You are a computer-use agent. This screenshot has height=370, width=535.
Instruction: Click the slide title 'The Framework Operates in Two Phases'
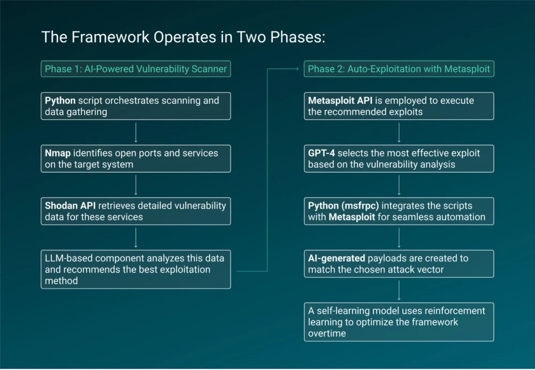pyautogui.click(x=183, y=37)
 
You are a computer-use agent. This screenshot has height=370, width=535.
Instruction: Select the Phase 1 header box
pyautogui.click(x=136, y=69)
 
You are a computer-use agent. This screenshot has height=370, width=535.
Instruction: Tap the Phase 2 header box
pyautogui.click(x=399, y=69)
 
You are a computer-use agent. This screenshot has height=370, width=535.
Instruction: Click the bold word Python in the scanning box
pyautogui.click(x=60, y=101)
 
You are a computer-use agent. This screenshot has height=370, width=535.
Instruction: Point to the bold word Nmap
pyautogui.click(x=58, y=153)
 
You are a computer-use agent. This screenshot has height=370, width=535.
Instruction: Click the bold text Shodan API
pyautogui.click(x=70, y=206)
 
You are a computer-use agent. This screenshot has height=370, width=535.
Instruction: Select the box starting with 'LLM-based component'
pyautogui.click(x=136, y=269)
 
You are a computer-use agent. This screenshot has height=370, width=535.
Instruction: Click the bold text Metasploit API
pyautogui.click(x=340, y=101)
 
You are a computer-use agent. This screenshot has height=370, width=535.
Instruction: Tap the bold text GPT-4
pyautogui.click(x=322, y=153)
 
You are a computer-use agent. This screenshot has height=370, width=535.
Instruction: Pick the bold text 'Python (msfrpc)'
pyautogui.click(x=343, y=206)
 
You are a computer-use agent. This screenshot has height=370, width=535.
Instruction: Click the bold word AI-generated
pyautogui.click(x=337, y=258)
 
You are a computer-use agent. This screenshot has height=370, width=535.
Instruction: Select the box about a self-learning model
pyautogui.click(x=399, y=322)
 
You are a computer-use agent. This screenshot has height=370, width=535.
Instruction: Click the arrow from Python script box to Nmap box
pyautogui.click(x=136, y=132)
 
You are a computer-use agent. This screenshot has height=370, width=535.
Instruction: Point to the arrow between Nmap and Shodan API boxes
pyautogui.click(x=136, y=185)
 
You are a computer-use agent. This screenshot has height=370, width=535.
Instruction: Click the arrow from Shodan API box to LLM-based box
pyautogui.click(x=136, y=237)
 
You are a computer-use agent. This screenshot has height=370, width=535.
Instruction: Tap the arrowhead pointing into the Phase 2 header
pyautogui.click(x=297, y=69)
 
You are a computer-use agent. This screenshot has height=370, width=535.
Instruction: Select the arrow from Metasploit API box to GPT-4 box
pyautogui.click(x=399, y=132)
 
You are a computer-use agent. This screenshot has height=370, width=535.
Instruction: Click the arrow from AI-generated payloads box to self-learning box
pyautogui.click(x=399, y=290)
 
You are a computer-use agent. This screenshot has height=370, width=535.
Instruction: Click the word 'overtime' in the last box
pyautogui.click(x=327, y=334)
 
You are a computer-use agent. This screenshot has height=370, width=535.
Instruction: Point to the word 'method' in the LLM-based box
pyautogui.click(x=62, y=281)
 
